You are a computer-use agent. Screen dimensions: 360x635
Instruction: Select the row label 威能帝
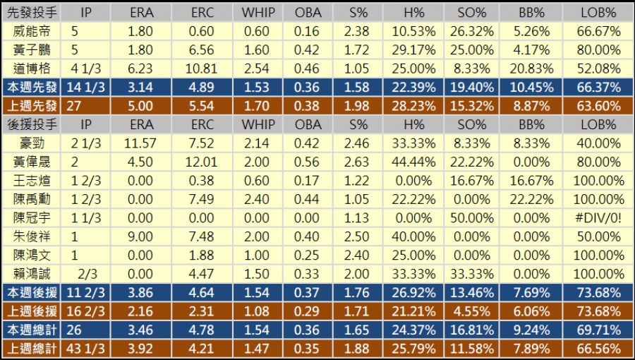32,32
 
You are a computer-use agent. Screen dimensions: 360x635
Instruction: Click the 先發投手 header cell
32,13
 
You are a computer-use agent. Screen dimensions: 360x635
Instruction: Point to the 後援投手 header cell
32,124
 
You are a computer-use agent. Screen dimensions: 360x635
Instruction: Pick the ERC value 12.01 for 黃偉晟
202,162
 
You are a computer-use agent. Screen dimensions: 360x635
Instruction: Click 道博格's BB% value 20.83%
532,68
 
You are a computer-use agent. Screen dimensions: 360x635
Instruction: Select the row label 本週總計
32,330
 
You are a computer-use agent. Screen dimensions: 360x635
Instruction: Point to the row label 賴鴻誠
32,273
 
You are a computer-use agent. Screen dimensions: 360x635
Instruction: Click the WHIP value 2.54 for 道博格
256,68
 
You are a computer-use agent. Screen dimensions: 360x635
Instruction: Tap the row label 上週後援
32,311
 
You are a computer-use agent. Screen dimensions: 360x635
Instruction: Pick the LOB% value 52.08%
598,68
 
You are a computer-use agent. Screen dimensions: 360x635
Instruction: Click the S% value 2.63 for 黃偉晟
358,162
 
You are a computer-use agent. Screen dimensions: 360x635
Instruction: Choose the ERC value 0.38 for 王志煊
202,180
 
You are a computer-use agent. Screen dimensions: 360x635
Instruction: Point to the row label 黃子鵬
32,50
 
